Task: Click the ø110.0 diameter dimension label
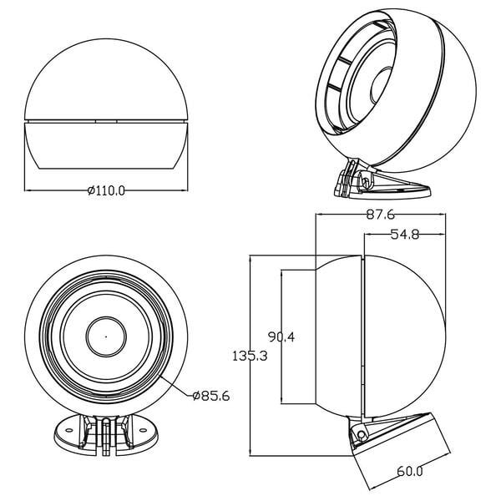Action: (x=106, y=190)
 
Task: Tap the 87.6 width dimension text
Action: (x=380, y=215)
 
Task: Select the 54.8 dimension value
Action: (x=404, y=235)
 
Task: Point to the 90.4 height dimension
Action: (x=281, y=337)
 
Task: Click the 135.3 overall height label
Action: (x=250, y=356)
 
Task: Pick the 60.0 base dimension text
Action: (x=410, y=471)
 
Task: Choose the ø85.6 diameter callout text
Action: (x=211, y=396)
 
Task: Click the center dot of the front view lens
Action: (x=106, y=337)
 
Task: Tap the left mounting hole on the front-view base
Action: (x=68, y=430)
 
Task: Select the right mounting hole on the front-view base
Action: (x=143, y=430)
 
